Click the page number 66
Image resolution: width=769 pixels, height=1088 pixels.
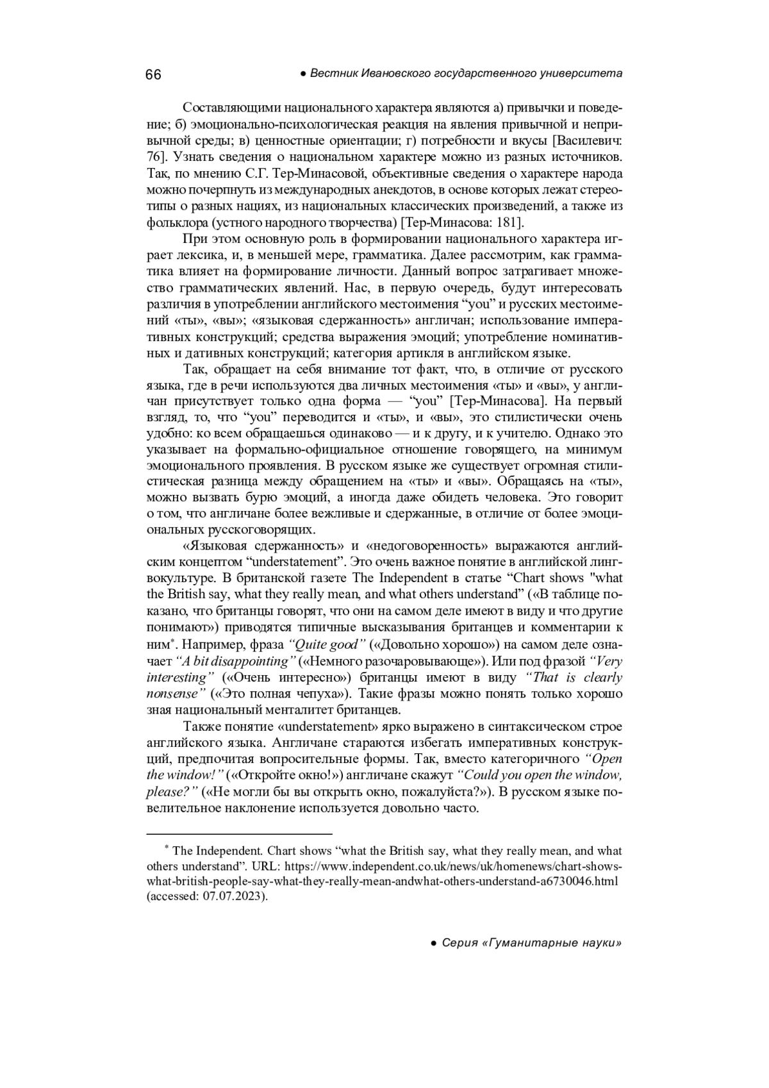pos(153,74)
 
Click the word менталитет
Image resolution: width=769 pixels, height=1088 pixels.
pos(294,710)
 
